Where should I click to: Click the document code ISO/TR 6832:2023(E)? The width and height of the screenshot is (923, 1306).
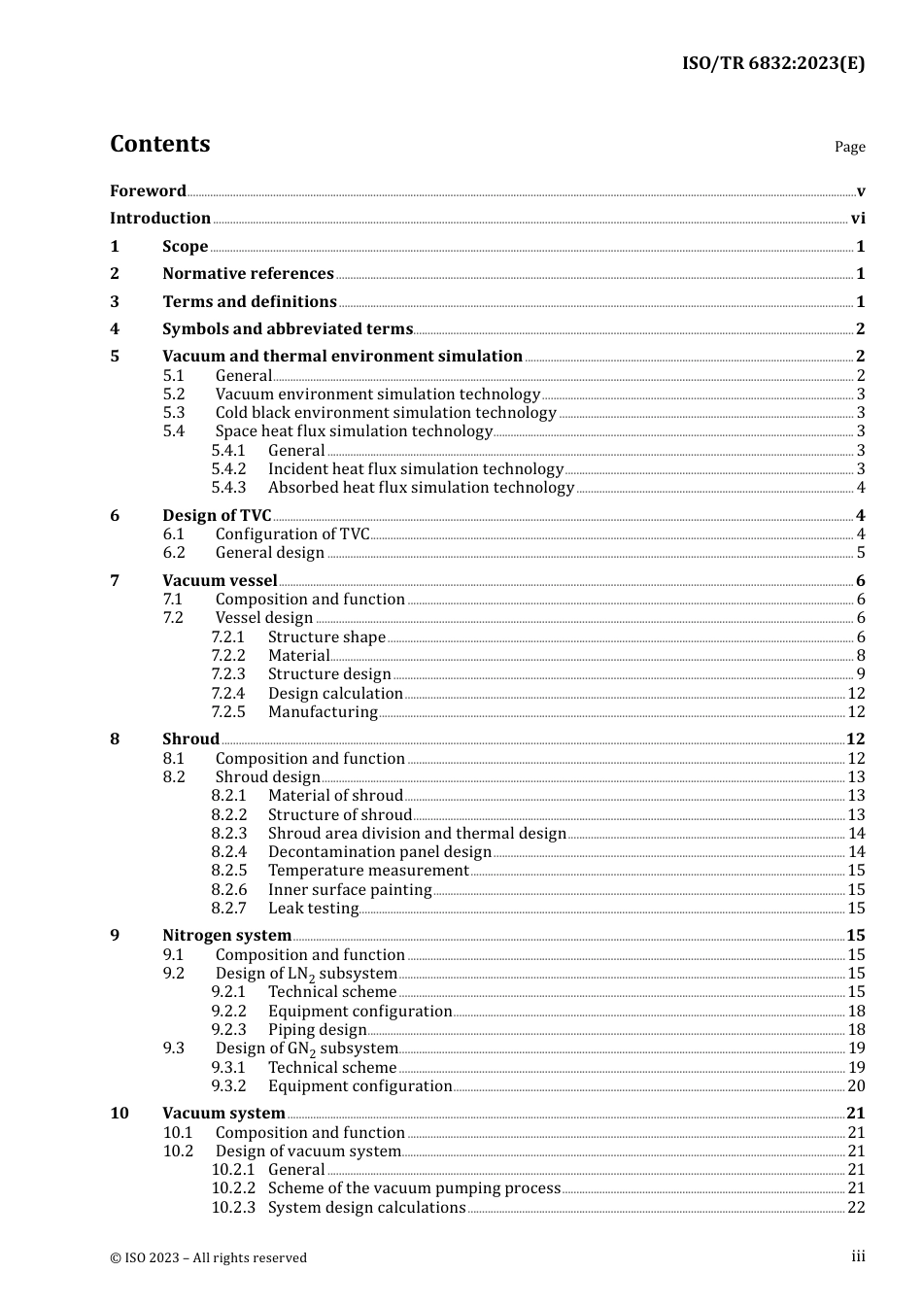[x=772, y=63]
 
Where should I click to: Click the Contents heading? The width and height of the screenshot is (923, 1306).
[x=159, y=144]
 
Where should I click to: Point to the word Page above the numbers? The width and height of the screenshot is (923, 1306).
[x=849, y=147]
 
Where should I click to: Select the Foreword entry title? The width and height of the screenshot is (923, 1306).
[x=148, y=190]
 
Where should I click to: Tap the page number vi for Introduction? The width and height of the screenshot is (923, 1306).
[x=858, y=219]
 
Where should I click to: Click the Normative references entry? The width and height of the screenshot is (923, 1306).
[x=248, y=274]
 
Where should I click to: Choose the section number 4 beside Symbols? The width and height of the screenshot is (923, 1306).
[x=115, y=329]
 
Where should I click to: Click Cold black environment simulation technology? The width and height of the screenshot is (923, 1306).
[x=386, y=413]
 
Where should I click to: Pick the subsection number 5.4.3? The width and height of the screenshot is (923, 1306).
[x=228, y=488]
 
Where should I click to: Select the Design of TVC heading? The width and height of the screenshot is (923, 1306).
[x=217, y=516]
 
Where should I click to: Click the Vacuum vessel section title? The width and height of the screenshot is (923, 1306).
[x=220, y=581]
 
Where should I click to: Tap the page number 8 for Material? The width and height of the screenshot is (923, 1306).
[x=861, y=656]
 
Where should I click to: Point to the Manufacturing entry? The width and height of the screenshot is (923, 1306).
[x=323, y=712]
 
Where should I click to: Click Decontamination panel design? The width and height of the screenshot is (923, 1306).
[x=380, y=852]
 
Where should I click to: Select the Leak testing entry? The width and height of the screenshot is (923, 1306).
[x=313, y=909]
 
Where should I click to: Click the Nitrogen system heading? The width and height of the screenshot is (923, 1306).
[x=226, y=936]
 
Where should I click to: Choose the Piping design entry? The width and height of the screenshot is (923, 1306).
[x=317, y=1030]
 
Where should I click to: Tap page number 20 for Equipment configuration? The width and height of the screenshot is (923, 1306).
[x=856, y=1086]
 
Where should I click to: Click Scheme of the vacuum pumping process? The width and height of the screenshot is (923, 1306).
[x=414, y=1188]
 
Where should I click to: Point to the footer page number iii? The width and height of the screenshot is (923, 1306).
[x=858, y=1256]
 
